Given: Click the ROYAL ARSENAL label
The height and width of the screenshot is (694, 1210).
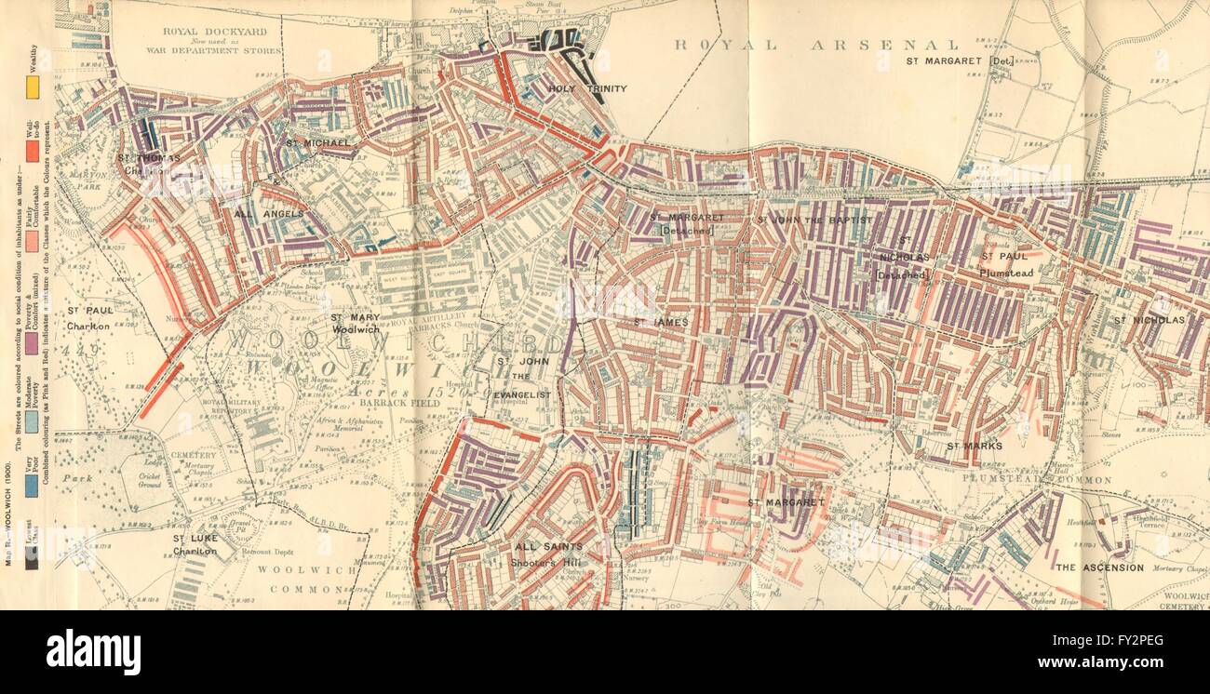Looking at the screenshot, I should point(817,44).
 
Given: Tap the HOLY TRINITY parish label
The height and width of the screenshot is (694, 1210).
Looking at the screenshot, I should point(587,89).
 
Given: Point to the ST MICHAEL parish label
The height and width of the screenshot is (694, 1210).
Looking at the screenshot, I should point(317,142).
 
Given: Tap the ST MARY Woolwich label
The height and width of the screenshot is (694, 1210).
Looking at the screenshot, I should point(355,323).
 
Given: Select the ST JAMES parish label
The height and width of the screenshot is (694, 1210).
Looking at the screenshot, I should point(661,322).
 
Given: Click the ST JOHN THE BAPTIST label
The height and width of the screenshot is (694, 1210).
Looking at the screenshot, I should point(813,220).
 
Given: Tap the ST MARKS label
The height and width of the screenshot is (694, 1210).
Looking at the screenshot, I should point(975,447).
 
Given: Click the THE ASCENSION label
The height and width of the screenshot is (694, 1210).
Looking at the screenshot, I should point(1099,567).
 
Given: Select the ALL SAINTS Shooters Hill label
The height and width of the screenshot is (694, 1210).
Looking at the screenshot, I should point(549,554).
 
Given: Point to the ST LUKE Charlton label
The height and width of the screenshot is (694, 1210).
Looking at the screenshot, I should point(195,544).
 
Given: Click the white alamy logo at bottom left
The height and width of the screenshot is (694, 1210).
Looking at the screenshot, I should point(93,651).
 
